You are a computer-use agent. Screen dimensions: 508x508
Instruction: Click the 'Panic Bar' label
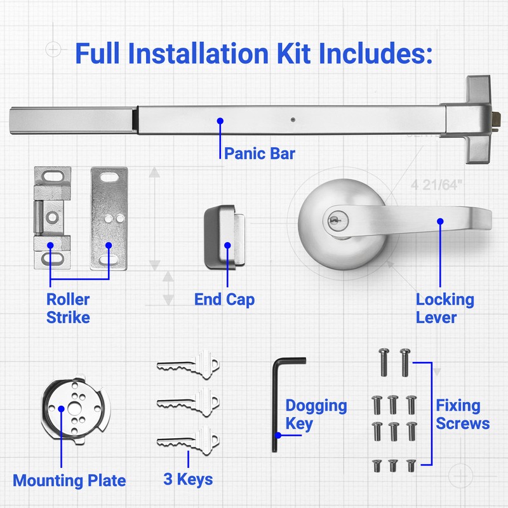click(259, 153)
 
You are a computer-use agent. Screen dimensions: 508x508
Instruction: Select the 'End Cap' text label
click(225, 299)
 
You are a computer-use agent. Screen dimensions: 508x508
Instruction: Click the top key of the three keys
click(188, 365)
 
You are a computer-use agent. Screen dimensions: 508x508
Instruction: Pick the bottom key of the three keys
click(188, 439)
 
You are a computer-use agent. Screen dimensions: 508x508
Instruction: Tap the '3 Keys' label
click(187, 479)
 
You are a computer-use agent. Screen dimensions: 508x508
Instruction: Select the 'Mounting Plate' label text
click(69, 481)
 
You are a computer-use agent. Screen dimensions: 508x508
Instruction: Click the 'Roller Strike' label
click(68, 308)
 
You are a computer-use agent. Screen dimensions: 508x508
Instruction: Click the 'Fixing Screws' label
click(462, 414)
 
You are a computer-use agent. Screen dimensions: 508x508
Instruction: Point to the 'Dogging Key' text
click(316, 414)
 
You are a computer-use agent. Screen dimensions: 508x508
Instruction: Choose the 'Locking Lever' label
click(444, 308)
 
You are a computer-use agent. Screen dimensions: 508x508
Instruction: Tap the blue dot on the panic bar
click(220, 121)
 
